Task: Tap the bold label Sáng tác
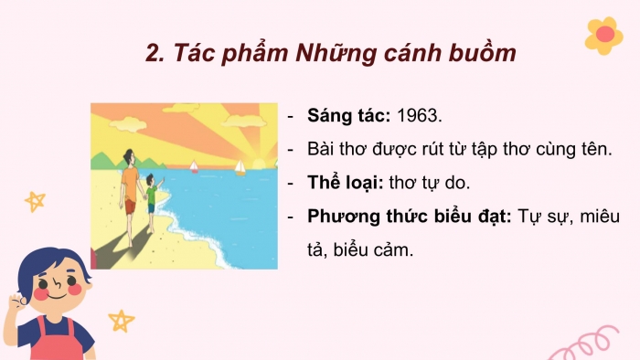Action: pyautogui.click(x=350, y=116)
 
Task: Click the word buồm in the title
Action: pyautogui.click(x=478, y=53)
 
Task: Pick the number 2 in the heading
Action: pyautogui.click(x=153, y=53)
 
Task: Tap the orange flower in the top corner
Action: pyautogui.click(x=603, y=34)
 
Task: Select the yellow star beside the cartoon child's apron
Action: pyautogui.click(x=121, y=320)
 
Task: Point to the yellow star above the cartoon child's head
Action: pyautogui.click(x=35, y=201)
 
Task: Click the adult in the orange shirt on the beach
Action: pyautogui.click(x=130, y=187)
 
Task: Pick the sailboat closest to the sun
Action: pyautogui.click(x=240, y=167)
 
